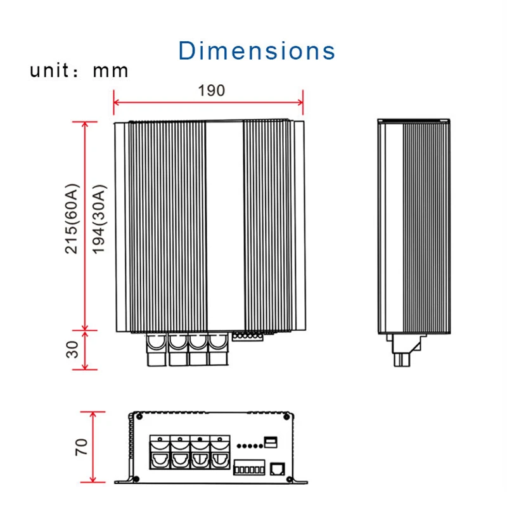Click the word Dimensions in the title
coord(257,51)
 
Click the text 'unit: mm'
coord(79,70)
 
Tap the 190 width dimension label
coord(212,91)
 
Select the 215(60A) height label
coord(72,219)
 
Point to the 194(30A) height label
coord(99,219)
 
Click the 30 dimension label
coord(72,349)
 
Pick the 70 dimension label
coord(81,447)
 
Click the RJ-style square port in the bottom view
coord(277,469)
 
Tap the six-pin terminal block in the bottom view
coord(249,468)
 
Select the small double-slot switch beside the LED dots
coord(271,442)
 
